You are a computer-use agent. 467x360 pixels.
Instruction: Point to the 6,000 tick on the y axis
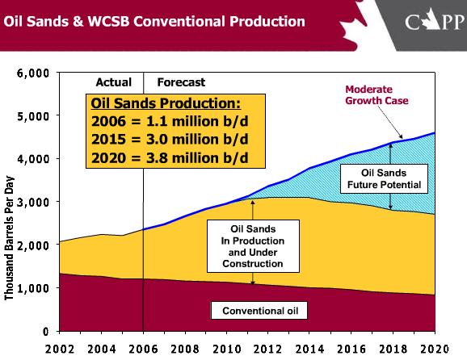pyautogui.click(x=33, y=73)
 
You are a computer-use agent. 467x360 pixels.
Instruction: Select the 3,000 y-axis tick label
pyautogui.click(x=33, y=202)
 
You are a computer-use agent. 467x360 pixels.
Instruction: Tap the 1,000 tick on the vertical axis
pyautogui.click(x=33, y=288)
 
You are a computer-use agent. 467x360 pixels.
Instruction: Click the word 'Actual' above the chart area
pyautogui.click(x=113, y=82)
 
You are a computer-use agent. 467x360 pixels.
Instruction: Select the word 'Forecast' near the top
pyautogui.click(x=181, y=82)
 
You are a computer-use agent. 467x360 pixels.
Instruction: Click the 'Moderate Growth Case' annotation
pyautogui.click(x=378, y=95)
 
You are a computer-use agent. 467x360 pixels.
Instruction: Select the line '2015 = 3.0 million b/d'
pyautogui.click(x=166, y=138)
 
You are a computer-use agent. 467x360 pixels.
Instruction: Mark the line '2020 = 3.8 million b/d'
pyautogui.click(x=166, y=156)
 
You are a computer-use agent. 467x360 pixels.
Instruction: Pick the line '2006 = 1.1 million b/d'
pyautogui.click(x=166, y=121)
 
